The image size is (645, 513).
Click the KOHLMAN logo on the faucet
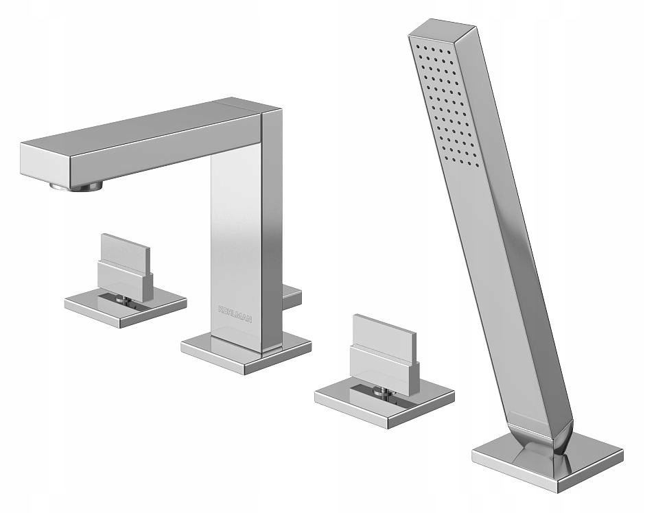coord(235,313)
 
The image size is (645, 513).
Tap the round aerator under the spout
coord(76,187)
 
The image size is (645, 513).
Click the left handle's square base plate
coord(126,307)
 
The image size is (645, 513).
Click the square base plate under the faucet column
coord(246,355)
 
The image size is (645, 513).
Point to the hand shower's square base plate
coord(548,460)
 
